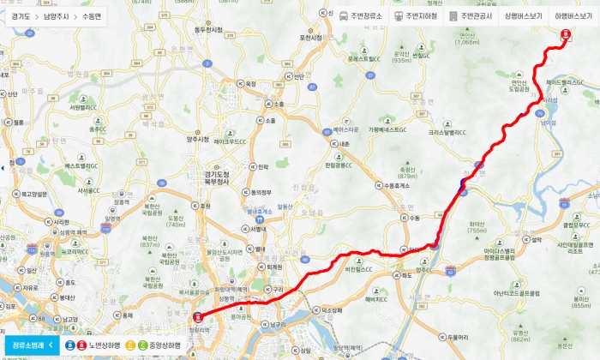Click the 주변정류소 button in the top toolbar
click(x=361, y=16)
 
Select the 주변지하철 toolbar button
click(x=415, y=16)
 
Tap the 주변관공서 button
click(x=471, y=16)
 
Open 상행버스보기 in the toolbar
click(x=523, y=16)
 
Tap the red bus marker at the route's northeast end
click(x=565, y=35)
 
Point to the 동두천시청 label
click(x=207, y=30)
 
